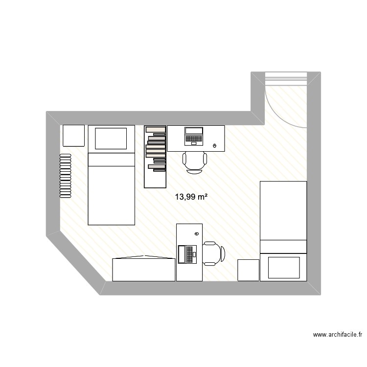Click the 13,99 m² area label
pyautogui.click(x=191, y=197)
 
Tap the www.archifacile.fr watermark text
pyautogui.click(x=338, y=335)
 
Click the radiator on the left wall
pyautogui.click(x=65, y=176)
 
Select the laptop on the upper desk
pyautogui.click(x=194, y=136)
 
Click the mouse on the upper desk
pyautogui.click(x=215, y=146)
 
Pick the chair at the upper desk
pyautogui.click(x=195, y=162)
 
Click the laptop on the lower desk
pyautogui.click(x=188, y=254)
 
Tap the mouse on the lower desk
pyautogui.click(x=189, y=234)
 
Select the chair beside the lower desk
pyautogui.click(x=213, y=253)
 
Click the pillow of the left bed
pyautogui.click(x=111, y=138)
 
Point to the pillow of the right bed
pyautogui.click(x=283, y=267)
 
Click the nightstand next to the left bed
pyautogui.click(x=74, y=136)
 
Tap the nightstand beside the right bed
pyautogui.click(x=248, y=270)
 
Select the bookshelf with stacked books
pyautogui.click(x=155, y=157)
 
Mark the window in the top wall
pyautogui.click(x=286, y=78)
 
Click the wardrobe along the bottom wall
pyautogui.click(x=143, y=269)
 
